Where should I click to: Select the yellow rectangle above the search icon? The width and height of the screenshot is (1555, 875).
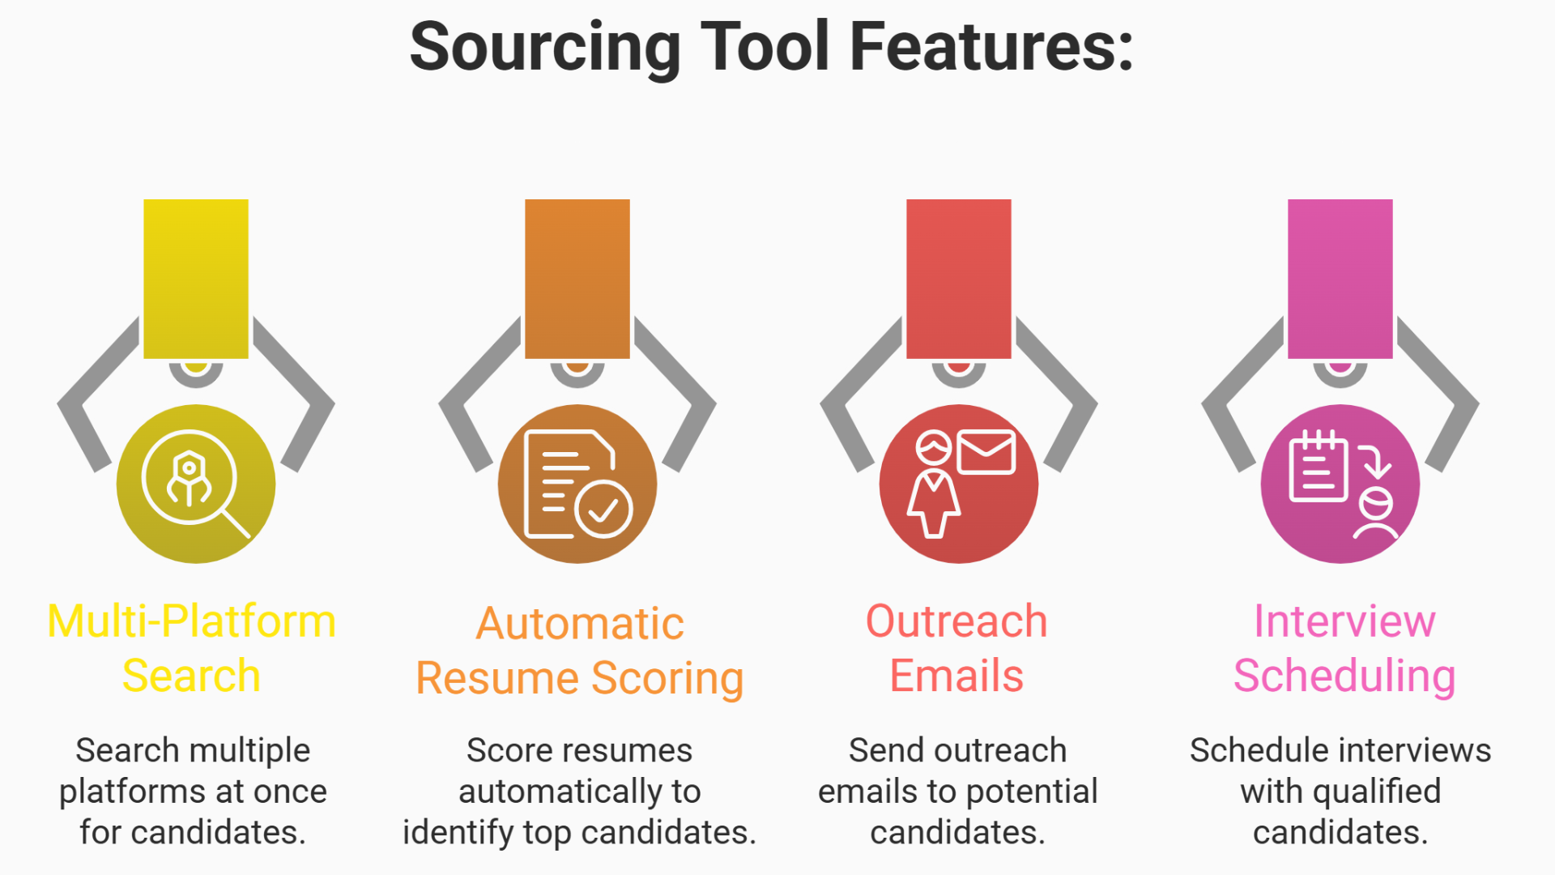(196, 278)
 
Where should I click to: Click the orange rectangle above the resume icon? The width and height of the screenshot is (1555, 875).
(577, 278)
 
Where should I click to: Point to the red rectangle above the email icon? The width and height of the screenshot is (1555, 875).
(959, 278)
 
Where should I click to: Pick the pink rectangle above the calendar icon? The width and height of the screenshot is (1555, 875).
(1340, 278)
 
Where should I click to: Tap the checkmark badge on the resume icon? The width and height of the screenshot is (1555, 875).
(603, 509)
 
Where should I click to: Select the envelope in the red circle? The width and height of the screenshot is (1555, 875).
(986, 452)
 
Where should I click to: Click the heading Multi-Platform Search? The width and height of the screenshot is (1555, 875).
(192, 647)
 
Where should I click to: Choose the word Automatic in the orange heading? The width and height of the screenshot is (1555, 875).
(580, 624)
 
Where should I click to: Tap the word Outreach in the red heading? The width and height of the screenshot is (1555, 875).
(956, 621)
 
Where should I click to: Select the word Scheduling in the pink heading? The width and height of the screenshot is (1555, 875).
(1344, 677)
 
